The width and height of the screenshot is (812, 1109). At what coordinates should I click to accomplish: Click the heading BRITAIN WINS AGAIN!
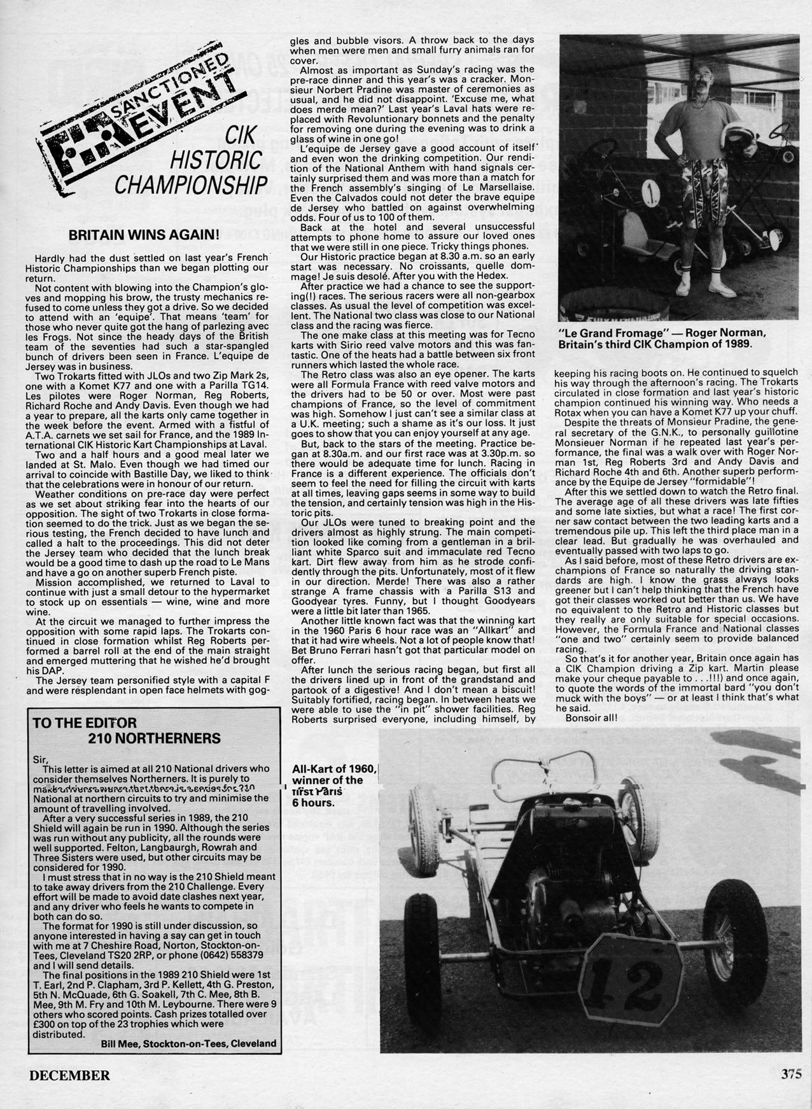click(143, 234)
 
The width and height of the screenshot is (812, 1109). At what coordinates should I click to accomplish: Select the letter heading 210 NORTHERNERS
click(154, 738)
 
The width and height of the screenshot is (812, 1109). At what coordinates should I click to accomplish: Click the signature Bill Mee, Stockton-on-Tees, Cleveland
click(188, 1043)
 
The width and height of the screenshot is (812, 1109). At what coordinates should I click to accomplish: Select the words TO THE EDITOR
click(85, 723)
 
